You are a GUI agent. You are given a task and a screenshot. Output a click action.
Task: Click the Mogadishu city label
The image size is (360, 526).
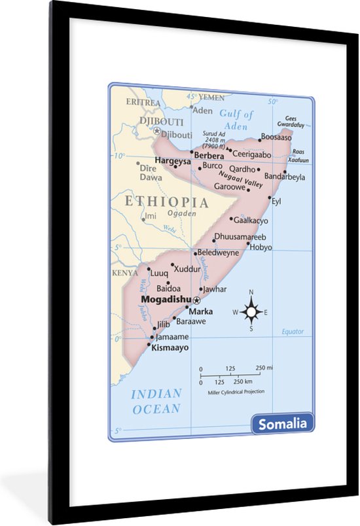(166, 299)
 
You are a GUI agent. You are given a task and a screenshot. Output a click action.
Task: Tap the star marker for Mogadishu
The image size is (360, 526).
(196, 300)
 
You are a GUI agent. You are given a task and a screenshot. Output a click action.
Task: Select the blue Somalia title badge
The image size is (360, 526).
(282, 423)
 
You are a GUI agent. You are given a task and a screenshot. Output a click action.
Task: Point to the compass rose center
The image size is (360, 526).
(251, 312)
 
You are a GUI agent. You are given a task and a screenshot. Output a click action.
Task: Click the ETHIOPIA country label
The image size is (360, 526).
(167, 202)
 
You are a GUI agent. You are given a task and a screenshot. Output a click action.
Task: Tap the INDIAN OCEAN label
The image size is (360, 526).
(156, 401)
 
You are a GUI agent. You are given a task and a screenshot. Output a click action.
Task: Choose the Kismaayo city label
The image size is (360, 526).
(170, 348)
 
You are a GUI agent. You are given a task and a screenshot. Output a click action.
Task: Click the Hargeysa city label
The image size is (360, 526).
(173, 160)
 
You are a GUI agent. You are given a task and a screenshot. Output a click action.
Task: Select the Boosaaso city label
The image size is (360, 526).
(276, 137)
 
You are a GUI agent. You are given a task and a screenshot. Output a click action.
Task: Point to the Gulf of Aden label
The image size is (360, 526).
(236, 120)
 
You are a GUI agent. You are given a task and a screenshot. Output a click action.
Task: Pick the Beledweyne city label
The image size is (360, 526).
(219, 252)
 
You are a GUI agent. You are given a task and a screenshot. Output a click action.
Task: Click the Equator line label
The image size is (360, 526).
(293, 332)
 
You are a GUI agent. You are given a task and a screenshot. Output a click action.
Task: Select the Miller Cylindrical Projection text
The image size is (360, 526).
(236, 392)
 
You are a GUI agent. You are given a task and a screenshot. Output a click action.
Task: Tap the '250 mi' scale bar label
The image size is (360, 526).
(264, 368)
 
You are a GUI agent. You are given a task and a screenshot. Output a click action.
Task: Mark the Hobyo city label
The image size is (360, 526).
(261, 247)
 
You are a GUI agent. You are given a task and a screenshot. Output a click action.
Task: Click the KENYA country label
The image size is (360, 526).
(125, 273)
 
